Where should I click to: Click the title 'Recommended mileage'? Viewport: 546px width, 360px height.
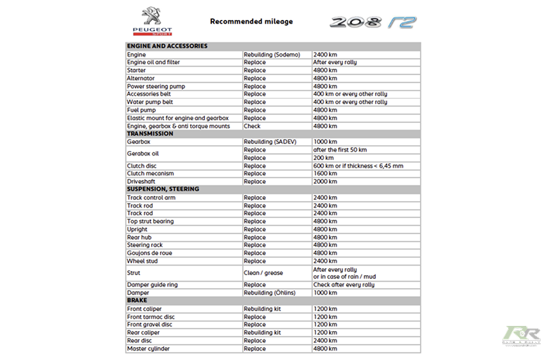pos(251,21)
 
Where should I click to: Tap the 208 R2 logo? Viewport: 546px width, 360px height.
pos(373,22)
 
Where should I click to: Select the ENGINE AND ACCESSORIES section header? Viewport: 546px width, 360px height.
pos(167,46)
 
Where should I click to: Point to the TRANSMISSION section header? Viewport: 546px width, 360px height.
pos(150,134)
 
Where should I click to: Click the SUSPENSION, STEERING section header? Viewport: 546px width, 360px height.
pos(163,190)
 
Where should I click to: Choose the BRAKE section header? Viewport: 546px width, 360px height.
pos(137,301)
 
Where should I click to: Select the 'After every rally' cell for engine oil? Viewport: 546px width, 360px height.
pos(335,62)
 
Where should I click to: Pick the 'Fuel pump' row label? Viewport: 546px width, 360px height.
pos(141,110)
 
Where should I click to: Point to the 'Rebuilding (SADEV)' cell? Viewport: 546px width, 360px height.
pos(270,141)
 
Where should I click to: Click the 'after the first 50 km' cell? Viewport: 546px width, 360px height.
pos(340,150)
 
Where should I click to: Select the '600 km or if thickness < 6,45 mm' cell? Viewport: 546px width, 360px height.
pos(358,166)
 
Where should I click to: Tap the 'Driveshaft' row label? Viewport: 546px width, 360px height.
pos(142,181)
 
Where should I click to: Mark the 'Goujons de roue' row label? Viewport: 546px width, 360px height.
pos(150,253)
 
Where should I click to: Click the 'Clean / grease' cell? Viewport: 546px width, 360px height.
pos(263,273)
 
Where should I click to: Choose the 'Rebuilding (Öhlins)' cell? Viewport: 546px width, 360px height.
pos(271,293)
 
